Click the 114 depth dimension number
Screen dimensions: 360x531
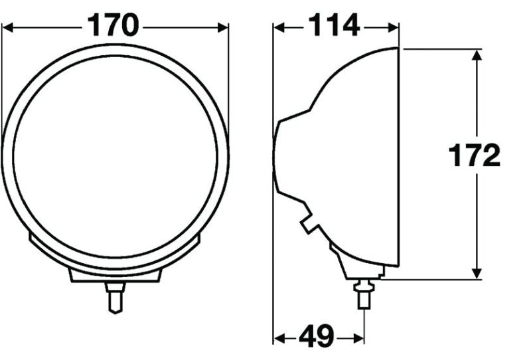(333, 27)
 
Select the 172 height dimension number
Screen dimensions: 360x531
(474, 157)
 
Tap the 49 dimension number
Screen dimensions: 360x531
(317, 337)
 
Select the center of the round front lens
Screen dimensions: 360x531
(115, 157)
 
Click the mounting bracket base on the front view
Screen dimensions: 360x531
(115, 275)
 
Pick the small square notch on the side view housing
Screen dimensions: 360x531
(308, 225)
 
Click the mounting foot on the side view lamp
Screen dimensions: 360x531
(362, 269)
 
